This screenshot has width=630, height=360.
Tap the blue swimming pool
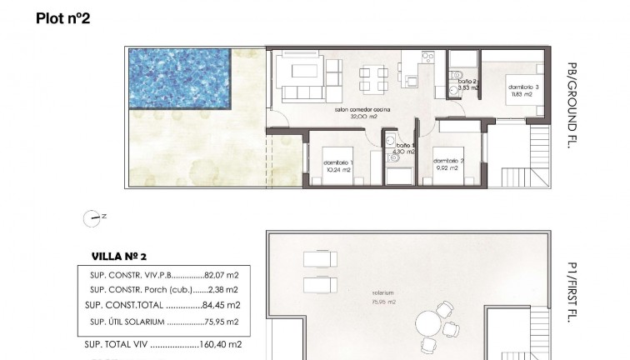[x=179, y=79]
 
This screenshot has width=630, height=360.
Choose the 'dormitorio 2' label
[x=448, y=161]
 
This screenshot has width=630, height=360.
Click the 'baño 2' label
[x=468, y=81]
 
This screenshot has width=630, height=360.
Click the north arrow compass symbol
[x=92, y=218]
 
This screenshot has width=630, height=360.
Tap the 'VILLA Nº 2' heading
[x=118, y=257]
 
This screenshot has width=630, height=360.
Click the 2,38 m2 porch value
[x=222, y=289]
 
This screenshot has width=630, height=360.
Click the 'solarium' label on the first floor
[x=384, y=293]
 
